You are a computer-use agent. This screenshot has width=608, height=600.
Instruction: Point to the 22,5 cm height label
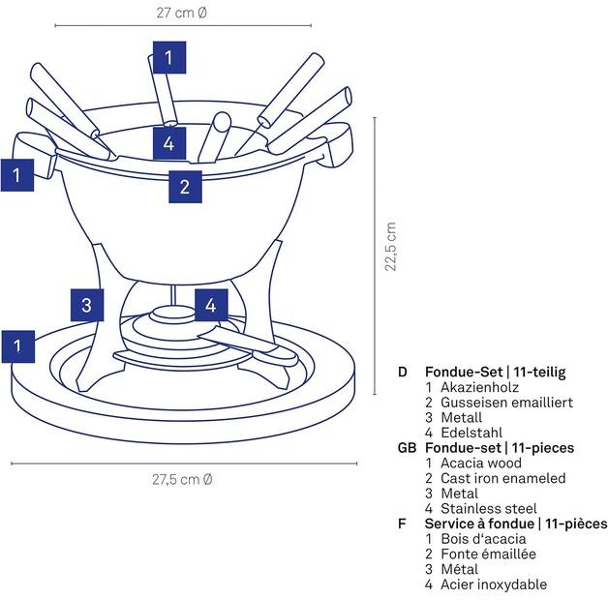click(x=390, y=247)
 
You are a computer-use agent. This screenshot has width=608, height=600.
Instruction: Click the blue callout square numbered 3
click(x=87, y=306)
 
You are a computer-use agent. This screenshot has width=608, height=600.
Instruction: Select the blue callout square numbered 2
click(x=186, y=184)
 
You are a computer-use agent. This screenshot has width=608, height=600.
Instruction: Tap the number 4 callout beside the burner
click(x=211, y=306)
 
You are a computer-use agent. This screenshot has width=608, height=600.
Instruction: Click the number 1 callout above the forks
click(x=168, y=58)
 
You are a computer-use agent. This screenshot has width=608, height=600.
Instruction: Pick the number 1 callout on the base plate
click(x=17, y=344)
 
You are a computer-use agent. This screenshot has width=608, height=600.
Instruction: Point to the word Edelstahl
click(x=471, y=433)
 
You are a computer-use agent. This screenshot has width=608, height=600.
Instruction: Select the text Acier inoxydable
click(x=494, y=584)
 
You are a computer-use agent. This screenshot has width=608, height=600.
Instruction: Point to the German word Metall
click(x=461, y=417)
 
